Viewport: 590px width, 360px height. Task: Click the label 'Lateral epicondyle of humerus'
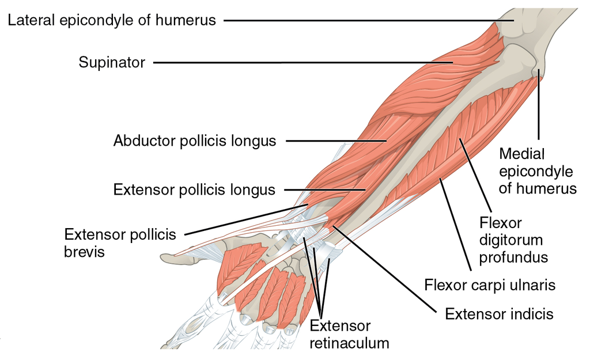[112, 20]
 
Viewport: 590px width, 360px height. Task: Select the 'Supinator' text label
[112, 62]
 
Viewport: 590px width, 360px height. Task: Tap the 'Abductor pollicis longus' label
[195, 140]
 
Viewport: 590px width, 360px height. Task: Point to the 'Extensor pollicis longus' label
[194, 190]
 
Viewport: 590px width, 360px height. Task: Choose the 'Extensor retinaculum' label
[349, 335]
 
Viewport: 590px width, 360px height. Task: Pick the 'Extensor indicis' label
[499, 314]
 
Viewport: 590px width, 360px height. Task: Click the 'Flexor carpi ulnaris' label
[490, 285]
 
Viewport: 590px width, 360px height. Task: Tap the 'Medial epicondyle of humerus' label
[537, 171]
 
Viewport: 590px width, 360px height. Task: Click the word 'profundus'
[513, 256]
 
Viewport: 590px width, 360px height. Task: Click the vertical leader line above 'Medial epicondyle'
[539, 109]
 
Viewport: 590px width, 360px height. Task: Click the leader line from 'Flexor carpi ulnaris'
[455, 225]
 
